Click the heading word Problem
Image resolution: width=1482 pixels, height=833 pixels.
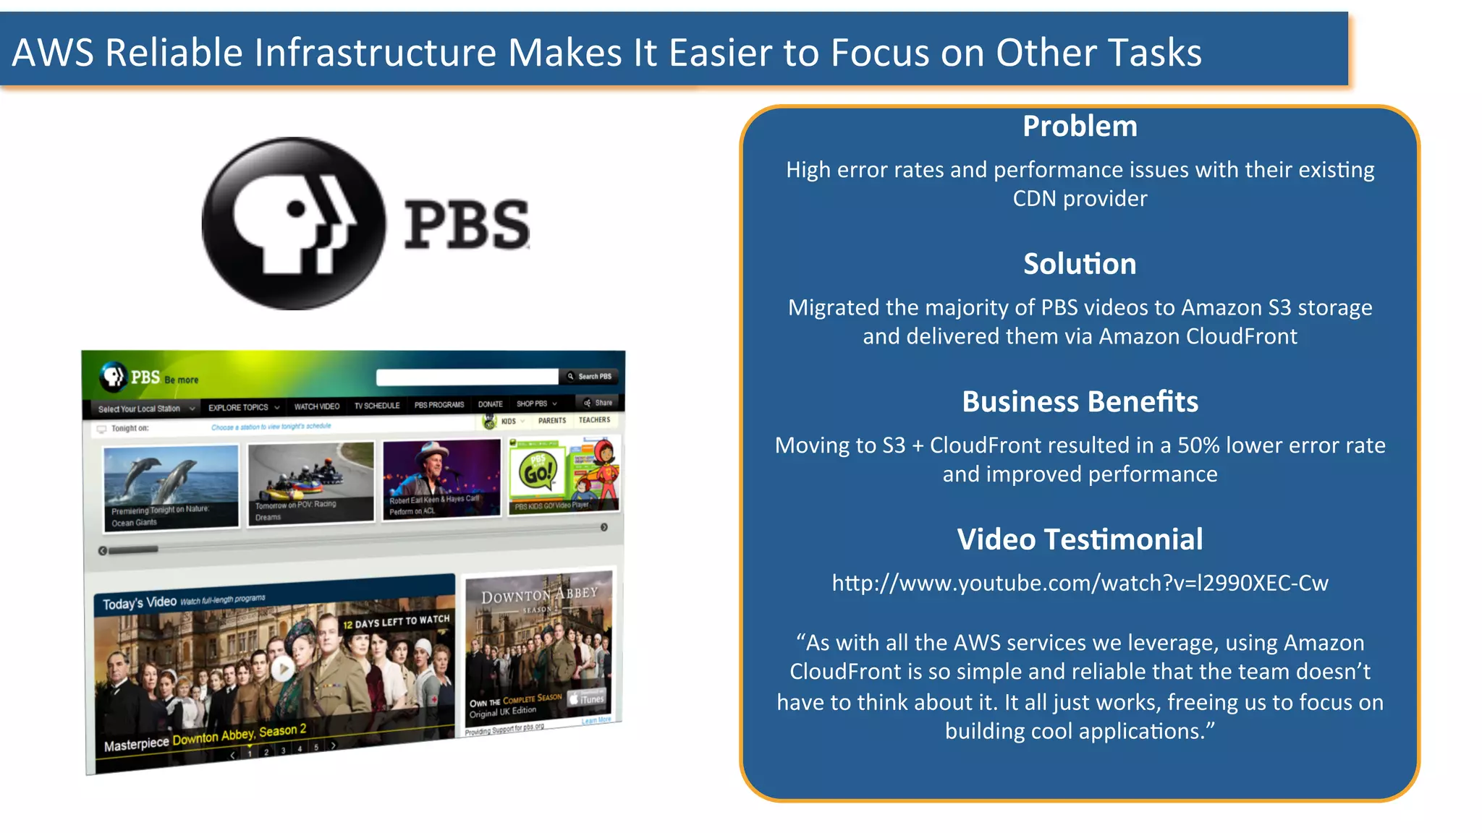[x=1080, y=127]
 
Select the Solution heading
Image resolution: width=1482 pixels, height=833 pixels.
[x=1080, y=264]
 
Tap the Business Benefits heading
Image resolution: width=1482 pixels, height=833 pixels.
[x=1080, y=402]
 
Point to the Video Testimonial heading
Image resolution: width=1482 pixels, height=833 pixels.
[x=1080, y=539]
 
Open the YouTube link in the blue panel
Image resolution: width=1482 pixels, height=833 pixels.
[x=1080, y=583]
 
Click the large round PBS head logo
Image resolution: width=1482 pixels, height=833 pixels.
[x=293, y=223]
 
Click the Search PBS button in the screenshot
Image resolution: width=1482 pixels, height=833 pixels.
[x=590, y=376]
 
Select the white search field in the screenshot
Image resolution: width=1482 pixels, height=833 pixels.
[x=467, y=377]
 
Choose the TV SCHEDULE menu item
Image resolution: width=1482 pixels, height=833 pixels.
[x=377, y=406]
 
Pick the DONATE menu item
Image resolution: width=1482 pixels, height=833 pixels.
[x=490, y=404]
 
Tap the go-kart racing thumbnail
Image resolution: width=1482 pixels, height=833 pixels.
[x=311, y=481]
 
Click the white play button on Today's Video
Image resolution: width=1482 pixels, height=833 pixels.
[x=282, y=669]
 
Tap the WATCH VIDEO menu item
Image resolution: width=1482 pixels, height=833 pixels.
[x=316, y=406]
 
